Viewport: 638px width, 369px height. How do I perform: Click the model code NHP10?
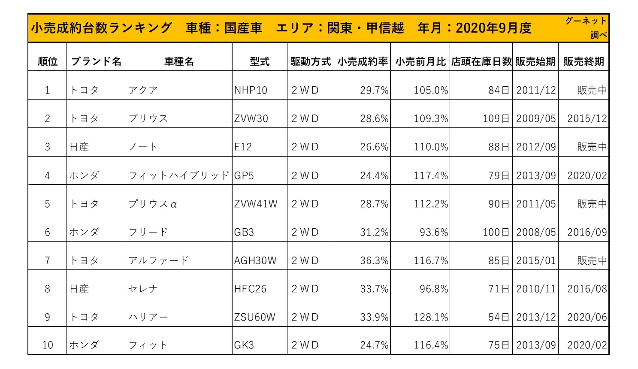click(x=251, y=91)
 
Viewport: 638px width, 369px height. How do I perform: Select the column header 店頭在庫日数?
click(x=481, y=62)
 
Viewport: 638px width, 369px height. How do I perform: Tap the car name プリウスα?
click(x=153, y=204)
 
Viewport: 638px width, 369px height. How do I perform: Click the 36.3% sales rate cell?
click(x=374, y=261)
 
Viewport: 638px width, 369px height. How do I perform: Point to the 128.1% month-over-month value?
click(x=431, y=318)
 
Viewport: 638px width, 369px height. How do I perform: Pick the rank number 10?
click(x=48, y=345)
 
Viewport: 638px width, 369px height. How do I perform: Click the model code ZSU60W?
click(x=254, y=318)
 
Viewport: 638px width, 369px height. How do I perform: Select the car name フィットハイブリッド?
click(x=179, y=176)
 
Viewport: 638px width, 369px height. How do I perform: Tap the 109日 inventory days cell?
click(x=496, y=119)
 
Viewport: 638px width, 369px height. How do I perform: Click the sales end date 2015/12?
click(x=587, y=119)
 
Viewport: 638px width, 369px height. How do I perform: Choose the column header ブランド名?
click(x=96, y=62)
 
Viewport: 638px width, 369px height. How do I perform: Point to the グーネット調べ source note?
click(x=586, y=28)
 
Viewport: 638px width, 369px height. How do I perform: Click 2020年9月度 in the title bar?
click(x=493, y=28)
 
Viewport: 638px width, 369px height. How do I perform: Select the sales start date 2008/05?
click(x=536, y=233)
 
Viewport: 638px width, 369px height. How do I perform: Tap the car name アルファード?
click(x=158, y=261)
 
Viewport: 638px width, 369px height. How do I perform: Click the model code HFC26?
click(x=250, y=289)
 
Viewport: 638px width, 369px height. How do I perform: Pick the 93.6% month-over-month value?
click(x=434, y=233)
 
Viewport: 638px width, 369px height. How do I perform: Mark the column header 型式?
click(x=260, y=62)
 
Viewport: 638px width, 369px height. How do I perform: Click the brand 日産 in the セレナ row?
click(x=79, y=289)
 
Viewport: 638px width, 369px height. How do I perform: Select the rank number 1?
click(x=48, y=91)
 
